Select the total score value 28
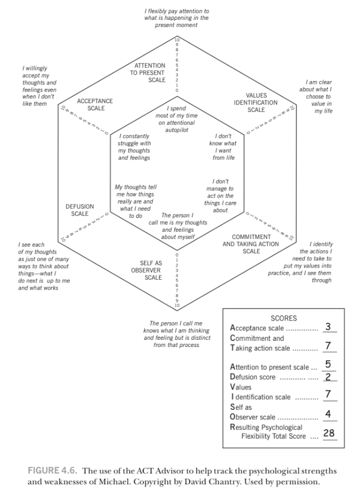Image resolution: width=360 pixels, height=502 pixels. (329, 433)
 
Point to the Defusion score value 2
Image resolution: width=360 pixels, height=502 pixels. (328, 377)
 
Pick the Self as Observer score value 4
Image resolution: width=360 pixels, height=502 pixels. (328, 414)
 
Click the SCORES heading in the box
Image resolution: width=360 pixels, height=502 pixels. (283, 318)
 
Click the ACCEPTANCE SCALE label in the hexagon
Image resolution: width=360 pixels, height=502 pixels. (95, 104)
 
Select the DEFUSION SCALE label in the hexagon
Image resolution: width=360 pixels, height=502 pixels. (80, 210)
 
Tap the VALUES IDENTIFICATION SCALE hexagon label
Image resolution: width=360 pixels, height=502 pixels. (256, 103)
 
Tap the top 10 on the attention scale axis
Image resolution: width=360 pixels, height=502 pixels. (177, 39)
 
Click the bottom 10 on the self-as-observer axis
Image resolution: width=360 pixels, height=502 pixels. (177, 305)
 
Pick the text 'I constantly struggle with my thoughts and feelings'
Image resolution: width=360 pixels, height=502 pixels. (134, 147)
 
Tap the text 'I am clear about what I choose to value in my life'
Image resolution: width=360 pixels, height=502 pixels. (316, 97)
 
